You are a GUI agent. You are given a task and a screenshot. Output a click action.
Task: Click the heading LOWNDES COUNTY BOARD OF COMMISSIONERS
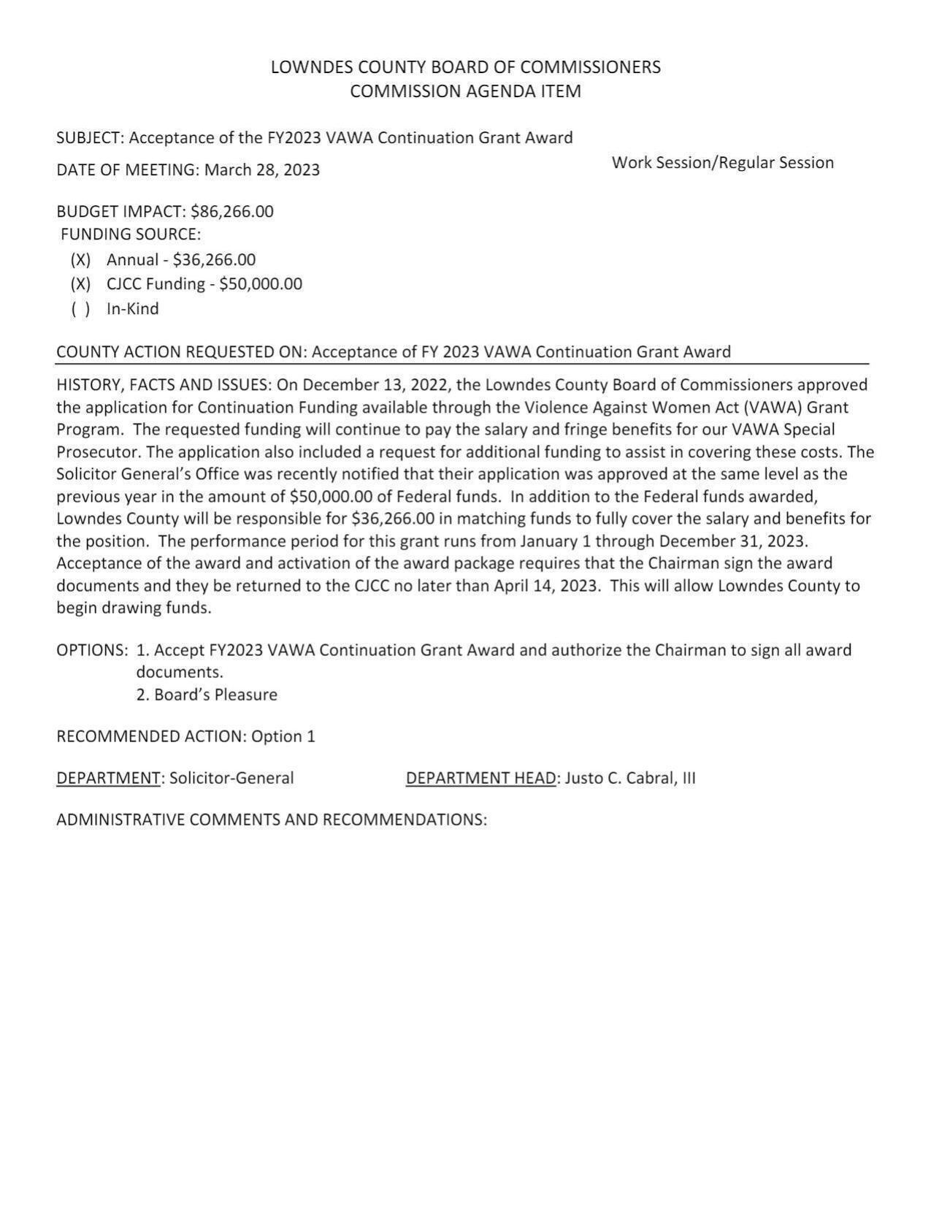pyautogui.click(x=465, y=67)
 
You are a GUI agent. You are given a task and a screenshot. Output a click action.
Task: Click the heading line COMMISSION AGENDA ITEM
pyautogui.click(x=465, y=91)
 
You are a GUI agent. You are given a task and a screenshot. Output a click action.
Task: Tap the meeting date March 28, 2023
pyautogui.click(x=261, y=170)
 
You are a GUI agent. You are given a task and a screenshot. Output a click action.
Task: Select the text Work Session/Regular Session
pyautogui.click(x=722, y=163)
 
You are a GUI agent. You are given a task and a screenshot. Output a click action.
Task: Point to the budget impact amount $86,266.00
pyautogui.click(x=231, y=212)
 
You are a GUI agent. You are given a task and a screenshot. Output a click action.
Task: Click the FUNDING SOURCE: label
pyautogui.click(x=130, y=234)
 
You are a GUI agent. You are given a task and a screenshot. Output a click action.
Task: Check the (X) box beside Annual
pyautogui.click(x=80, y=260)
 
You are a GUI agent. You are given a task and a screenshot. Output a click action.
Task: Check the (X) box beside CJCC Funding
pyautogui.click(x=80, y=284)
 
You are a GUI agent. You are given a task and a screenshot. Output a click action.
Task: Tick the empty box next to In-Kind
pyautogui.click(x=80, y=309)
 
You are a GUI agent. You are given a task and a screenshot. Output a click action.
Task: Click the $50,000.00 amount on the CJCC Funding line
pyautogui.click(x=260, y=284)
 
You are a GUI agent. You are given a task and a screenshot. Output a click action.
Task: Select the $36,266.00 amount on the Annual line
pyautogui.click(x=214, y=260)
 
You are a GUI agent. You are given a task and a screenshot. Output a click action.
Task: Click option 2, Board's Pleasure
pyautogui.click(x=207, y=695)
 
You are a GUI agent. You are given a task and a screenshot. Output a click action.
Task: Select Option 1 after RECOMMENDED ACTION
pyautogui.click(x=283, y=736)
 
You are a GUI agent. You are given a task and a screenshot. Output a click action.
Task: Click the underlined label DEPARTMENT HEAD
pyautogui.click(x=480, y=778)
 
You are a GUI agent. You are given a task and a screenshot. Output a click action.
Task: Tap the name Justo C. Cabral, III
pyautogui.click(x=629, y=778)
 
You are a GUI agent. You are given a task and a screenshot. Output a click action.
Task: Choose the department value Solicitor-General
pyautogui.click(x=231, y=778)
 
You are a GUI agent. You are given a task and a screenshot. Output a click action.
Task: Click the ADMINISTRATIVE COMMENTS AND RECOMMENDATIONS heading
pyautogui.click(x=271, y=820)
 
